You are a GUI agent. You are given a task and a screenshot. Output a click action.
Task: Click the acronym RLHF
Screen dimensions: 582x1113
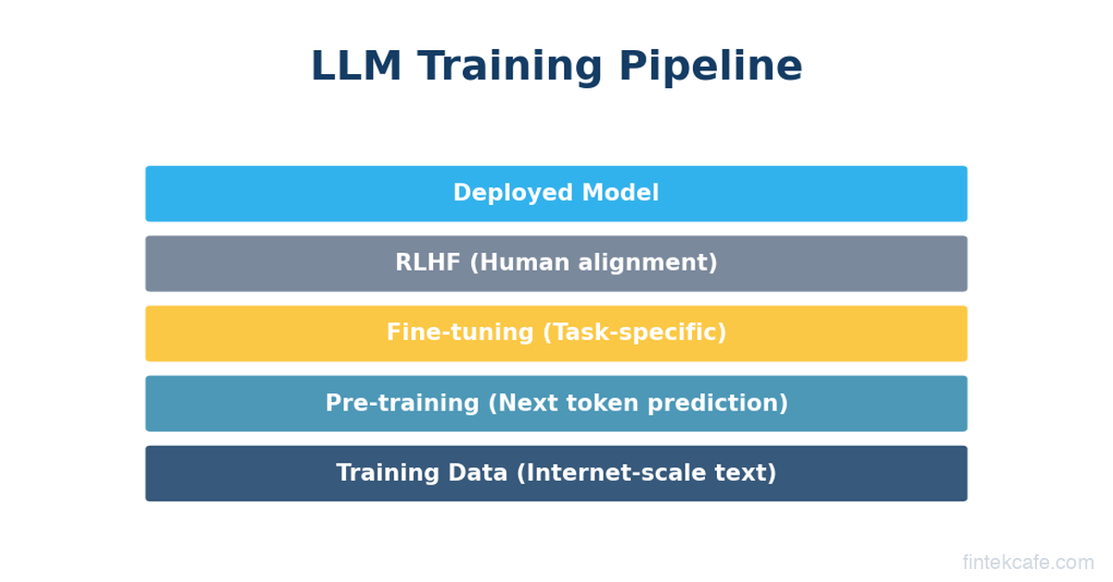pyautogui.click(x=428, y=263)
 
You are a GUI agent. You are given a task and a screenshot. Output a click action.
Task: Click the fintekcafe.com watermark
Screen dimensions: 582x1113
pyautogui.click(x=1028, y=563)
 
